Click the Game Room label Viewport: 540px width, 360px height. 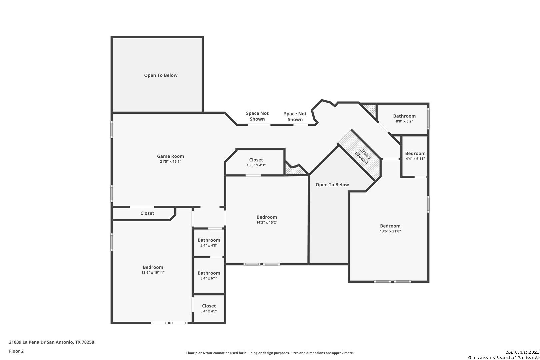click(x=170, y=156)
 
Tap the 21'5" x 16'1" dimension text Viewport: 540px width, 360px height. click(x=170, y=162)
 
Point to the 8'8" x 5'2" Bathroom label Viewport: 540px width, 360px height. click(x=404, y=116)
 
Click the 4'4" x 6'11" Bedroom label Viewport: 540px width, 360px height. click(x=415, y=153)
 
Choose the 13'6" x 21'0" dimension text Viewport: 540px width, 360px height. click(x=390, y=231)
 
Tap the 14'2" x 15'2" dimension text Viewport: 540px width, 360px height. click(x=267, y=222)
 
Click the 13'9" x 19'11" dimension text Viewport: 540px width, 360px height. click(x=153, y=272)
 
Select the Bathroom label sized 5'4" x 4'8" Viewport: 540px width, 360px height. click(x=209, y=240)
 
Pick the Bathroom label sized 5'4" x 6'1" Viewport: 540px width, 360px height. click(x=209, y=273)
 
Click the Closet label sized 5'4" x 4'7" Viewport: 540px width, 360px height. click(x=209, y=306)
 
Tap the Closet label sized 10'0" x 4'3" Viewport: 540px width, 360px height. click(x=256, y=160)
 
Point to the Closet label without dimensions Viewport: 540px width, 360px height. click(x=147, y=213)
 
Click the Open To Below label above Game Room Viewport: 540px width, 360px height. click(x=161, y=75)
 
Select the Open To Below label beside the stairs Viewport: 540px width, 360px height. click(x=332, y=185)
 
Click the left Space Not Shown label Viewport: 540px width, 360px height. click(x=257, y=116)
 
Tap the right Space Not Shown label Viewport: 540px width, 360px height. click(x=295, y=116)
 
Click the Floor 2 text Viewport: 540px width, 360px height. click(x=16, y=351)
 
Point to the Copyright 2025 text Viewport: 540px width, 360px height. click(x=522, y=352)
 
